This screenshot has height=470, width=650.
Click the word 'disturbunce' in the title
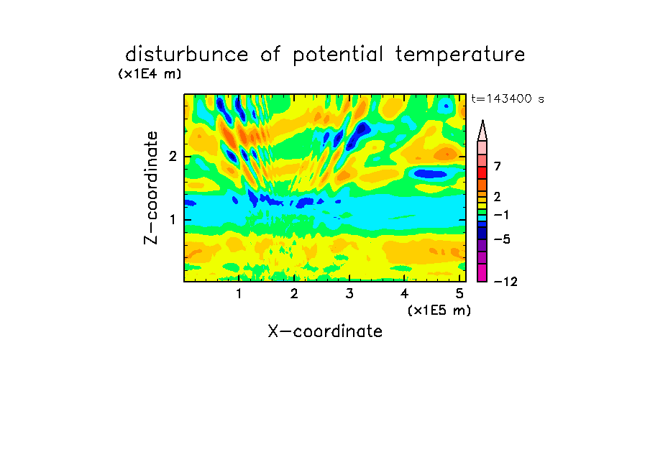click(x=187, y=55)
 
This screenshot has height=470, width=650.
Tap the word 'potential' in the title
click(x=338, y=55)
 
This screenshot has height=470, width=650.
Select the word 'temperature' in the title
click(x=460, y=55)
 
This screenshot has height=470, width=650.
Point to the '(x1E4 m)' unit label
click(x=150, y=74)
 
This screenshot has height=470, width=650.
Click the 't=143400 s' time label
click(x=508, y=98)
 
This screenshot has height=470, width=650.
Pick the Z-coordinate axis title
click(x=151, y=188)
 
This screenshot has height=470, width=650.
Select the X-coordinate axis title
click(x=325, y=331)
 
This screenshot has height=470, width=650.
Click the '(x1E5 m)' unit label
click(x=439, y=310)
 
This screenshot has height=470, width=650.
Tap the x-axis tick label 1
click(x=239, y=294)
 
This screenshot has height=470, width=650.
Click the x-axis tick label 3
click(x=349, y=294)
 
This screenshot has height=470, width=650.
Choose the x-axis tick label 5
click(x=459, y=294)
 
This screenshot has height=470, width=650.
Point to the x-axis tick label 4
click(x=405, y=294)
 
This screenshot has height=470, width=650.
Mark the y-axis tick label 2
click(x=173, y=157)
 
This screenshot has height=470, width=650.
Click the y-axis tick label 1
click(x=173, y=220)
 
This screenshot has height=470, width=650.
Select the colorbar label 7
click(x=498, y=166)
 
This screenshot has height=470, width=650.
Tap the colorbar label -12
click(x=505, y=282)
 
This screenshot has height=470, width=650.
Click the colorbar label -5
click(x=502, y=239)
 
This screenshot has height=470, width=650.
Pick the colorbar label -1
click(x=502, y=215)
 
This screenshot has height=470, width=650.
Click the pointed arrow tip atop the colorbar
click(x=482, y=121)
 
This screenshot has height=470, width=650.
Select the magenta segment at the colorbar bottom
click(x=482, y=272)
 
